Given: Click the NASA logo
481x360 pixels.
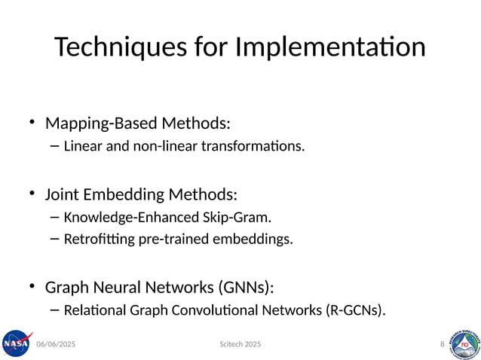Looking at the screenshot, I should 16,343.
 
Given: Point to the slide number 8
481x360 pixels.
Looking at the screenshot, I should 442,344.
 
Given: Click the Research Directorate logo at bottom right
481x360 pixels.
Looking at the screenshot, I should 464,343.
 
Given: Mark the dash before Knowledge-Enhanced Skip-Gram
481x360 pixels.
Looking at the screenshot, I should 54,217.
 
